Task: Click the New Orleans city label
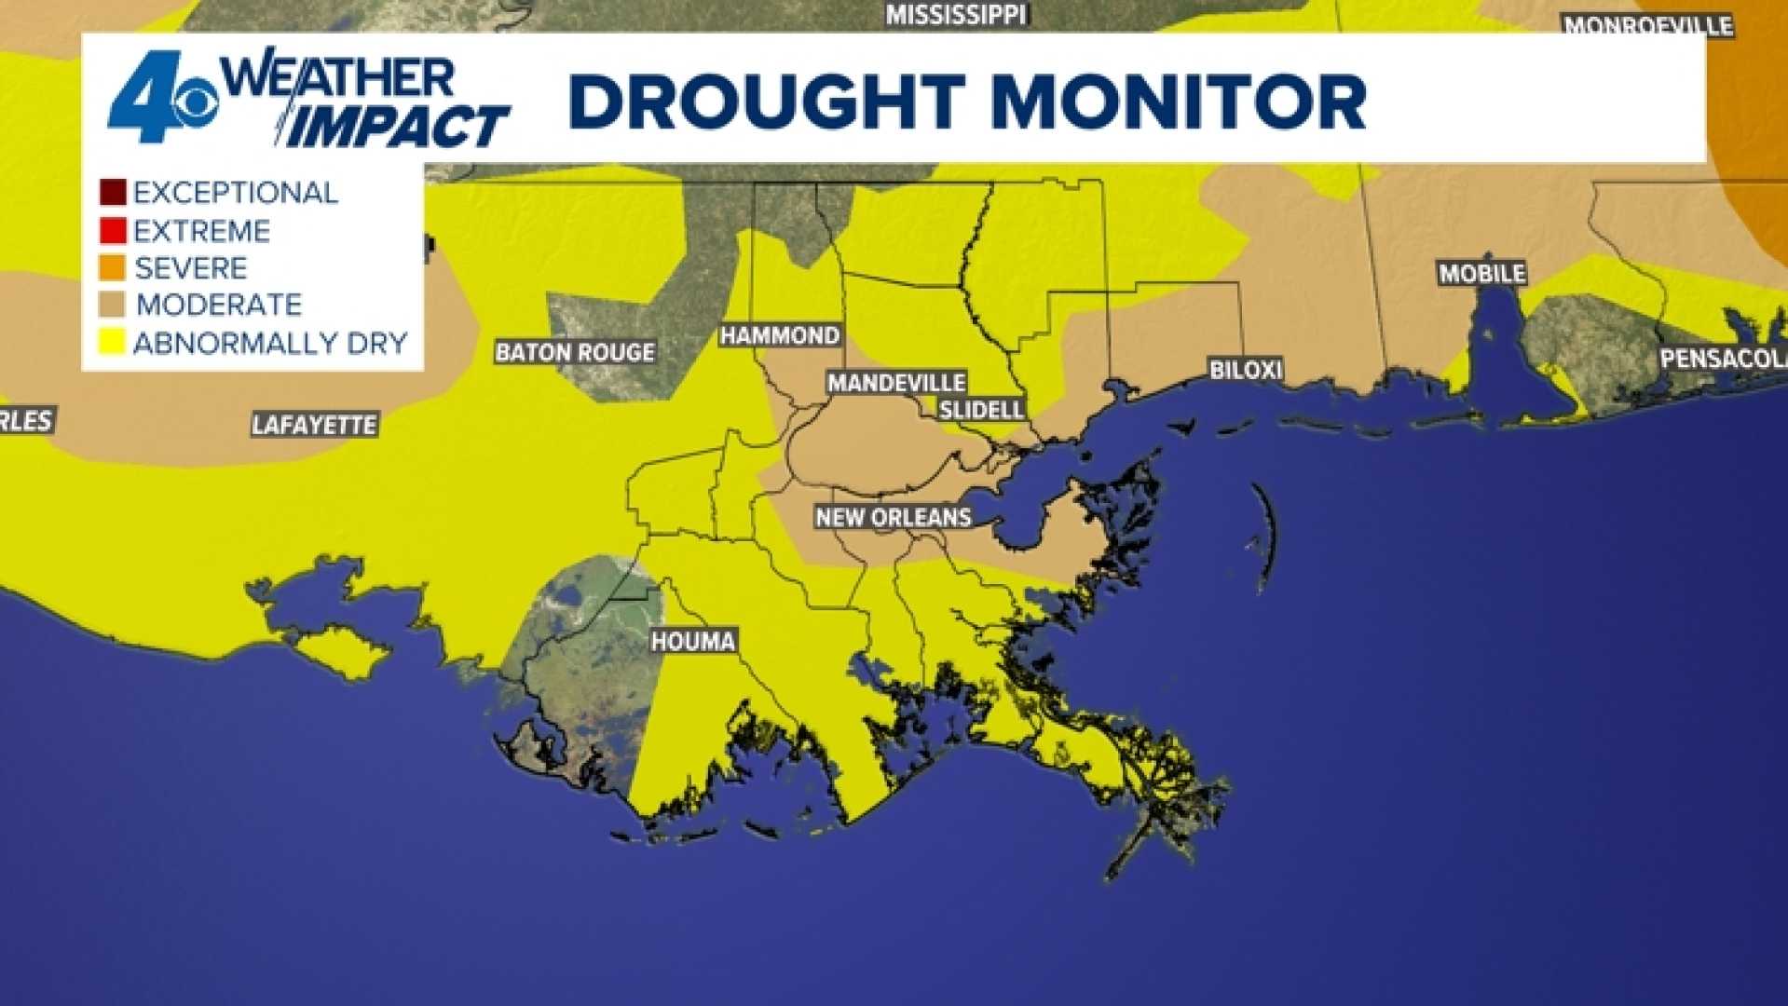point(894,517)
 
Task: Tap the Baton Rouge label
point(575,352)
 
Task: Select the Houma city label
point(693,641)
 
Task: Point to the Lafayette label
point(314,425)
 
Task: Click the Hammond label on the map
point(780,335)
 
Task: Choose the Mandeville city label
point(896,383)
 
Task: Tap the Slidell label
point(981,409)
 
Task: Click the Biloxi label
point(1246,370)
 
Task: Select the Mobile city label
point(1482,273)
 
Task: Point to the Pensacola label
point(1723,358)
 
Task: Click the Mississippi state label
point(955,14)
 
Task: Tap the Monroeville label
point(1647,25)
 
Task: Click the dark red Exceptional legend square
point(113,193)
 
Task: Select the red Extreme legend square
point(113,230)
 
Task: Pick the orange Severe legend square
point(113,268)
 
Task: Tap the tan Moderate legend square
point(113,305)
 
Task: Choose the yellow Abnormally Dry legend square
point(113,343)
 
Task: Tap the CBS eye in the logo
point(193,103)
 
